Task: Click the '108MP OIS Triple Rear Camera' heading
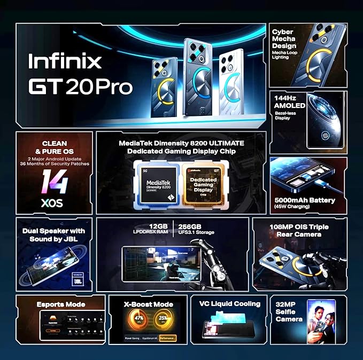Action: click(x=299, y=230)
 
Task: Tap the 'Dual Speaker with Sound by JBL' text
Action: click(x=54, y=235)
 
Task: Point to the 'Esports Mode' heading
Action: click(x=61, y=304)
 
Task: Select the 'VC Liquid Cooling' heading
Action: click(x=230, y=304)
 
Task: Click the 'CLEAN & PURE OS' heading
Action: click(x=54, y=147)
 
